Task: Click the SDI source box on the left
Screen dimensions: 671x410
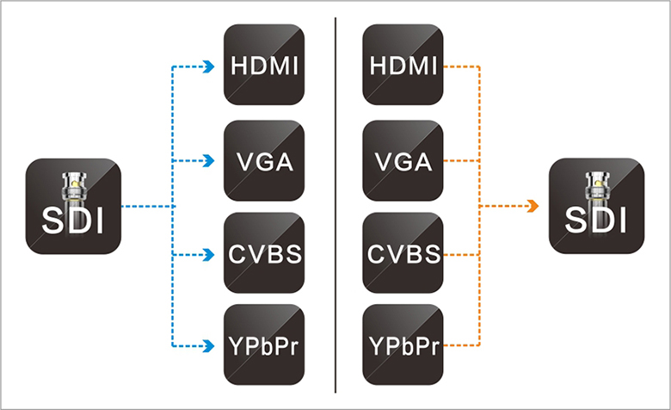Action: pos(73,206)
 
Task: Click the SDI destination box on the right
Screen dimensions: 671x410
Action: pos(596,206)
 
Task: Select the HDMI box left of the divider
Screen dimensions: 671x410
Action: pos(264,65)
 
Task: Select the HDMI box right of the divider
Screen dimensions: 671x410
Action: pos(403,65)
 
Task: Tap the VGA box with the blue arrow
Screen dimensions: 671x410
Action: pos(264,161)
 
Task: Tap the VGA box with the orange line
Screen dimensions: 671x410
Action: pos(403,161)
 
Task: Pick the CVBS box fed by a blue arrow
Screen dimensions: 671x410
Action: pos(264,252)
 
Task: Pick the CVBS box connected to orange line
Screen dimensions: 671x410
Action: pos(403,252)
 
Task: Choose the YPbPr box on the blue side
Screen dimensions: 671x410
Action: pos(264,345)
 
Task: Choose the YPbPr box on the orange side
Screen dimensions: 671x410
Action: pos(403,345)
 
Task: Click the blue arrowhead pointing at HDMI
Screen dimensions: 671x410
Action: pos(209,67)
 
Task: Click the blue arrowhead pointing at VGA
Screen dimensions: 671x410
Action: pos(209,161)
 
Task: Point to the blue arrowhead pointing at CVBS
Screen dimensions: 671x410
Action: pos(209,254)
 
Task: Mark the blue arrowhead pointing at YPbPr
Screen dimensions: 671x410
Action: pos(209,345)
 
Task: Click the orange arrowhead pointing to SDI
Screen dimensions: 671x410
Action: pos(533,206)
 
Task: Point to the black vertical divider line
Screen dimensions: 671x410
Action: pos(335,205)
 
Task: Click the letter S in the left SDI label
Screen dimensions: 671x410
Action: pos(52,221)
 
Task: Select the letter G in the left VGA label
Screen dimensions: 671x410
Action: pos(265,162)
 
